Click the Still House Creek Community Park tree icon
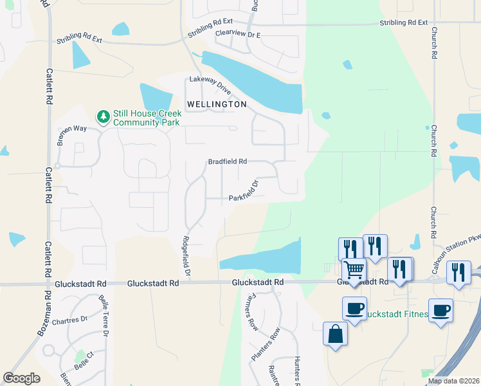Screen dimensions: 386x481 pos(102,116)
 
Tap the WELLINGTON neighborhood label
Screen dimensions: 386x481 pos(217,104)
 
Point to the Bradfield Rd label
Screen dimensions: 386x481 pos(228,162)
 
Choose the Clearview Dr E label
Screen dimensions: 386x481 pos(238,33)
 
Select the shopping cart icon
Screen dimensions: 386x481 pos(354,270)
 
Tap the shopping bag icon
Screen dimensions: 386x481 pos(335,334)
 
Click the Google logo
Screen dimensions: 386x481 pos(21,378)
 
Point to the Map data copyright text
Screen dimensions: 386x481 pos(454,381)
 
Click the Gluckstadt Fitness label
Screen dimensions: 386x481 pos(397,315)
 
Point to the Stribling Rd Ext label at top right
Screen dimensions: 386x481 pos(403,23)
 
